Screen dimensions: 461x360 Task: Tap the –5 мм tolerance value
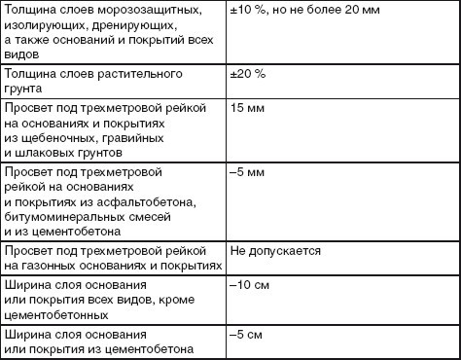[x=246, y=171]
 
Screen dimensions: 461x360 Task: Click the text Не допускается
[x=275, y=251]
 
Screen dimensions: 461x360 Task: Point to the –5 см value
[x=245, y=335]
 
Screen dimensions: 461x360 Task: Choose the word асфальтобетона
[x=150, y=202]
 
